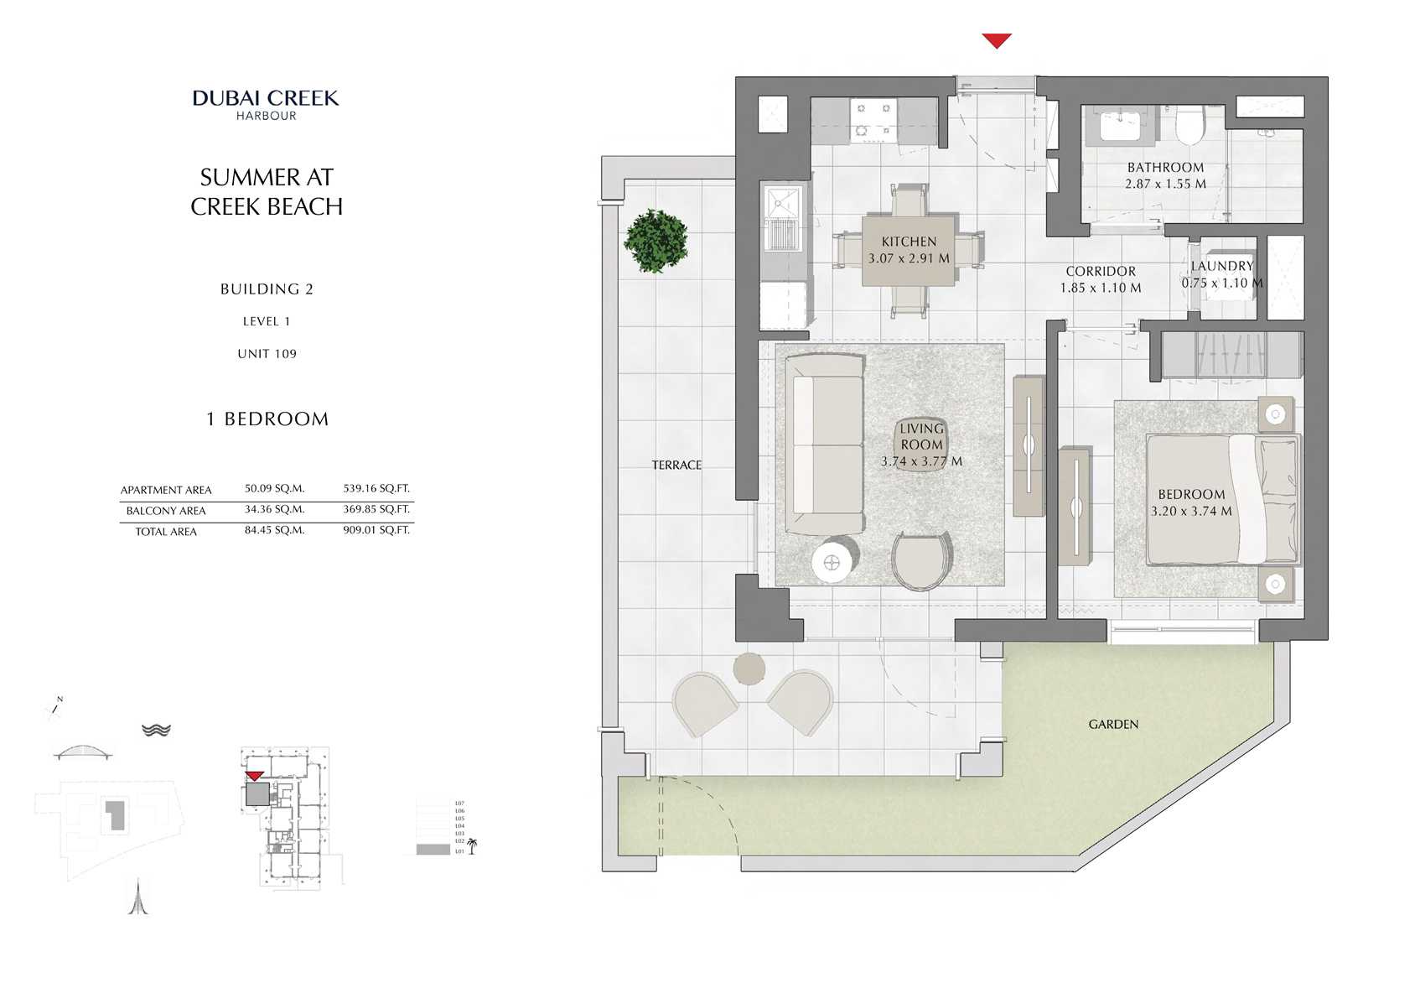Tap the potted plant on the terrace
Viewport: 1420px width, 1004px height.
(x=656, y=241)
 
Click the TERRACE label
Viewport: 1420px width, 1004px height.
(x=676, y=465)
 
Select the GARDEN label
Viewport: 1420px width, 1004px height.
(x=1113, y=724)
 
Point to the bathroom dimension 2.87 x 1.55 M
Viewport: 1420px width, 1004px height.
(x=1165, y=184)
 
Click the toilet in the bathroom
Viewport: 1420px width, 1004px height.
(x=1189, y=126)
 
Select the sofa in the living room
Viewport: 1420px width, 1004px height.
(x=827, y=445)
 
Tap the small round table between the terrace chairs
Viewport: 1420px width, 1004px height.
(x=749, y=668)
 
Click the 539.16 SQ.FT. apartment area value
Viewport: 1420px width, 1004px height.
(x=376, y=488)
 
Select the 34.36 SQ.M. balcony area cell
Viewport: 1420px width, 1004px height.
(x=274, y=509)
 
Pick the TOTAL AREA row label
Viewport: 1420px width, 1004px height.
(x=166, y=532)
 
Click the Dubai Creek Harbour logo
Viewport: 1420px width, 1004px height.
(x=266, y=104)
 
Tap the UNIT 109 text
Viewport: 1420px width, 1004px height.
(x=267, y=354)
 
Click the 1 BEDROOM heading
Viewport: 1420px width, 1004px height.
(x=267, y=419)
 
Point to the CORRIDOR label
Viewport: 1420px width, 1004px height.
(x=1100, y=272)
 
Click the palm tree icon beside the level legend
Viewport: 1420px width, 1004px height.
(x=472, y=845)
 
